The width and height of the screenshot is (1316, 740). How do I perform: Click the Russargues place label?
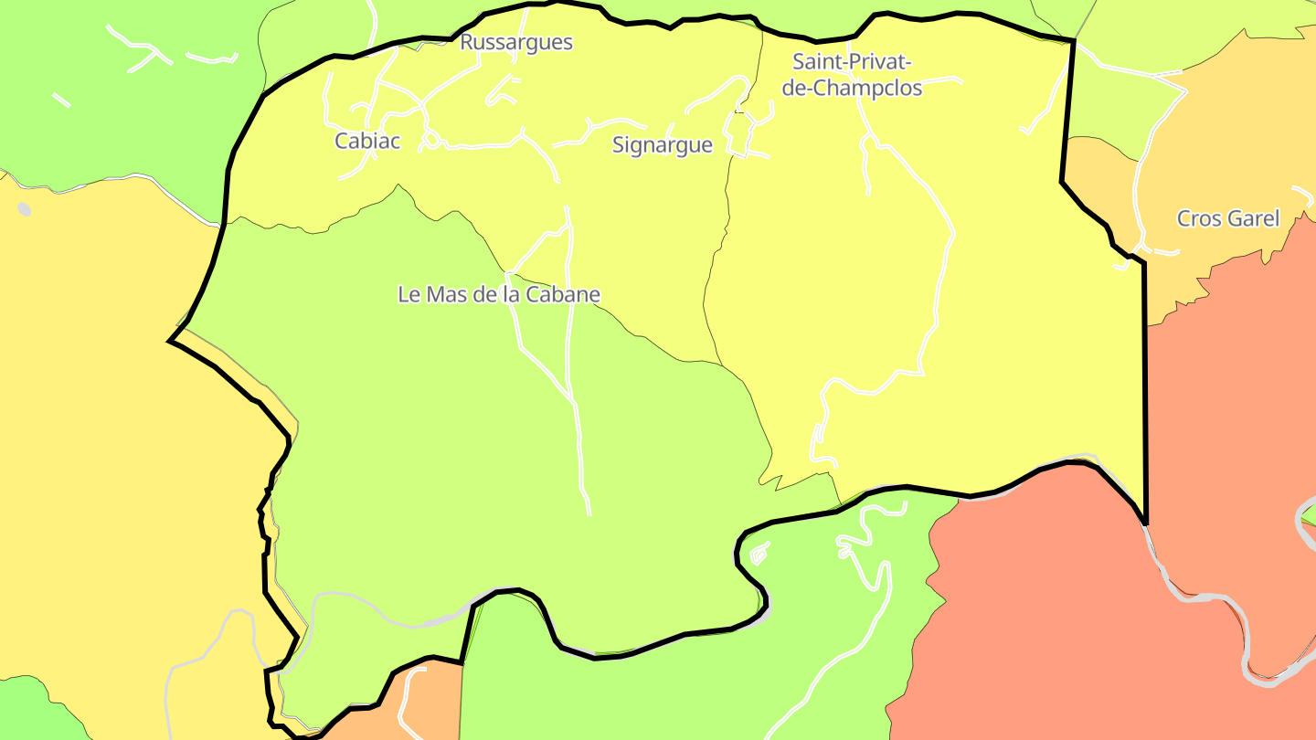point(516,42)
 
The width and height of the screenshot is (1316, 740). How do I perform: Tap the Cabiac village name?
point(367,141)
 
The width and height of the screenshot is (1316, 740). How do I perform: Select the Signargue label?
point(663,145)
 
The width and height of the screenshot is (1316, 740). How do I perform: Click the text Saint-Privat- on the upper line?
point(853,62)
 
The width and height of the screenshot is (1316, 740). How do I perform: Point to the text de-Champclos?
point(846,88)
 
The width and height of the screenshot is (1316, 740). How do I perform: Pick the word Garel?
point(1253,218)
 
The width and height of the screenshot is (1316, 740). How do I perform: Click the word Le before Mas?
point(408,294)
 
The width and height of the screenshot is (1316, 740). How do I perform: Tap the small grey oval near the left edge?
point(24,209)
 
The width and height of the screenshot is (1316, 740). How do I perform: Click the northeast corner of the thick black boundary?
point(1074,40)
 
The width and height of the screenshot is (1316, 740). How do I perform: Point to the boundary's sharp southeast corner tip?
point(1146,523)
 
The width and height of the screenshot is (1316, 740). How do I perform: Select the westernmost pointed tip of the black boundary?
point(170,342)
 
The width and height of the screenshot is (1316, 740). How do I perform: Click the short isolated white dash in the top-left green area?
point(61,100)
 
